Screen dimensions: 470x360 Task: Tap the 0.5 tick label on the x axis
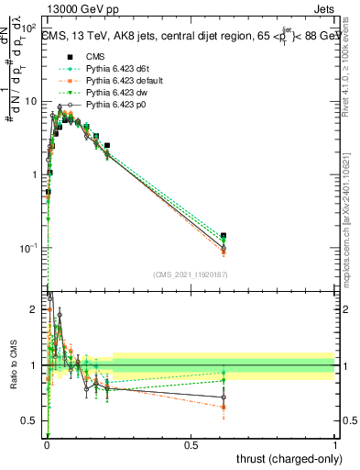[191, 445]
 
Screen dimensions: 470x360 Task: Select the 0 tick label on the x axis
[47, 445]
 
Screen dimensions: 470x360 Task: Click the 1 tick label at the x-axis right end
[334, 445]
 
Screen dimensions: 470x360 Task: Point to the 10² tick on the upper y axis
[29, 28]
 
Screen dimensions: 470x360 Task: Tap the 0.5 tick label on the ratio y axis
[33, 422]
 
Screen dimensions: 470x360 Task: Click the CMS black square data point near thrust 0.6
[224, 236]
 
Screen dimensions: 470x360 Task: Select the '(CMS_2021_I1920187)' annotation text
[190, 274]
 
